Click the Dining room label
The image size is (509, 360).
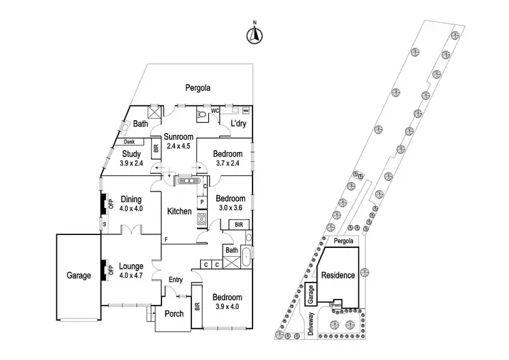130,199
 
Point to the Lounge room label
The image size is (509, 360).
131,266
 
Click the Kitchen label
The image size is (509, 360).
180,211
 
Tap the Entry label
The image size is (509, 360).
176,280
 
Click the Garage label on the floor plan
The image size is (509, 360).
78,276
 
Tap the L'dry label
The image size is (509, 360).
238,124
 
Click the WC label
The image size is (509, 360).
214,109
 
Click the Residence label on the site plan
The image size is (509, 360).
337,275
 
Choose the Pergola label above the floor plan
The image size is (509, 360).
199,88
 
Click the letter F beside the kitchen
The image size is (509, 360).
166,239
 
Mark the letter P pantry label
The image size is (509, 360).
203,202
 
